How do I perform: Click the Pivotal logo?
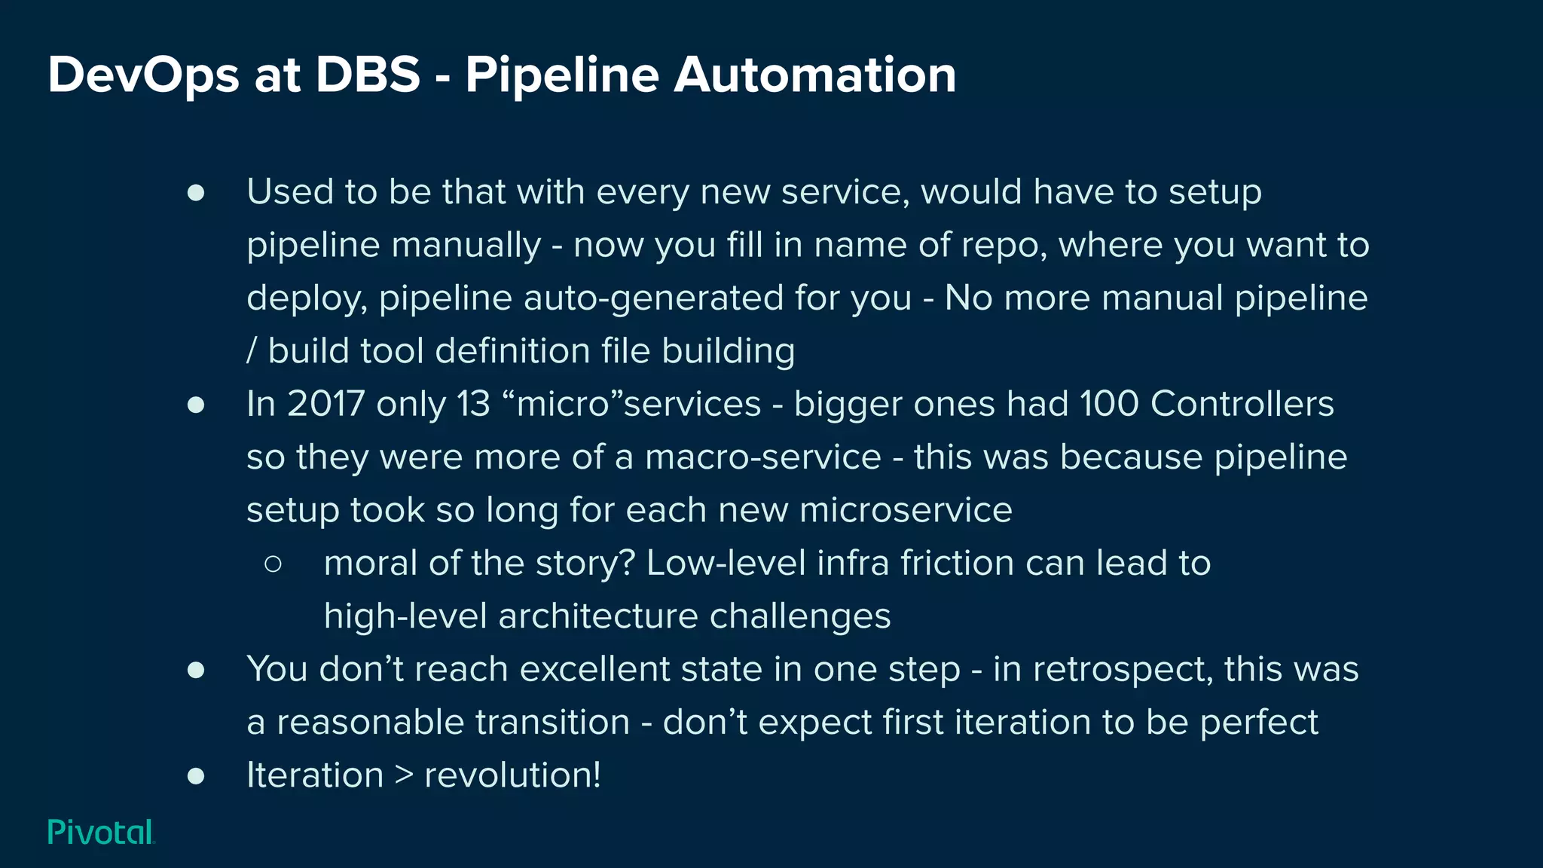click(x=101, y=832)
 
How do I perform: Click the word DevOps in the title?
click(x=143, y=75)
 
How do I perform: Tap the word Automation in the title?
click(x=814, y=75)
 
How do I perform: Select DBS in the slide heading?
click(x=368, y=75)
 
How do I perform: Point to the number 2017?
click(x=326, y=404)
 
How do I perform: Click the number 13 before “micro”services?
click(x=474, y=404)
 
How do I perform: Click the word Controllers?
click(x=1242, y=404)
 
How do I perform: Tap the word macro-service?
click(x=762, y=457)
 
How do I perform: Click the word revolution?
click(x=513, y=775)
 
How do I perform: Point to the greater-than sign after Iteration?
click(x=405, y=775)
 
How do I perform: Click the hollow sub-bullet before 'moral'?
click(x=273, y=564)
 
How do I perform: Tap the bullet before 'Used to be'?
click(x=196, y=193)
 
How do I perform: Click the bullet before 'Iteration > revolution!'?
click(x=196, y=776)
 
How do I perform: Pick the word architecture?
click(x=598, y=616)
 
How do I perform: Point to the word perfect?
click(x=1259, y=723)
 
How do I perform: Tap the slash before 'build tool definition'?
click(x=252, y=351)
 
